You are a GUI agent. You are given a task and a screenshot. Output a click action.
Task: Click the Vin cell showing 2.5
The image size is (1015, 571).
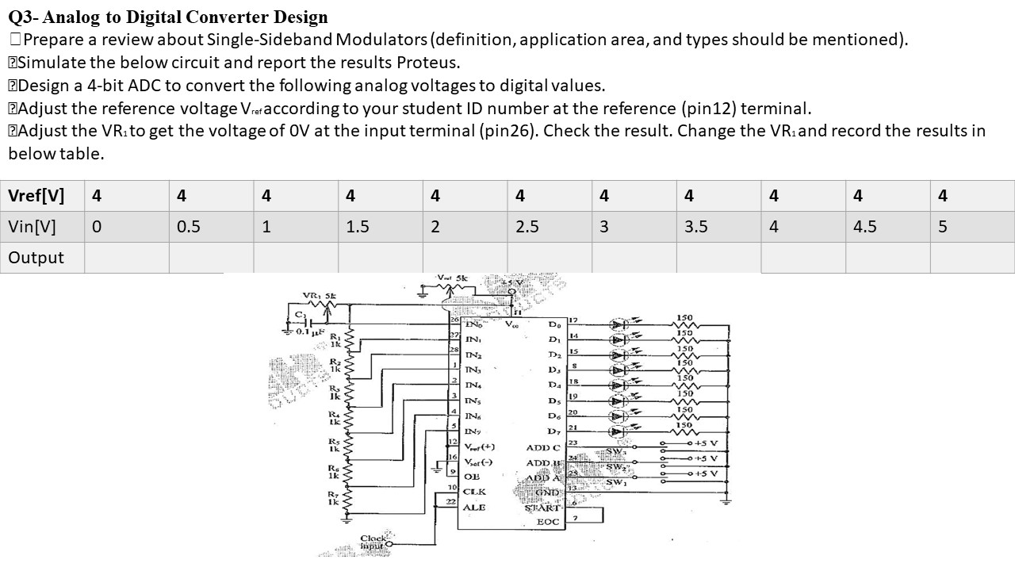(x=527, y=227)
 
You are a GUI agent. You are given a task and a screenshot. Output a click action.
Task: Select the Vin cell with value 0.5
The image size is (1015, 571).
(x=188, y=227)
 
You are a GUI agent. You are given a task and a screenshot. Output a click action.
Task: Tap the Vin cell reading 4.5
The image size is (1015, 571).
(x=865, y=227)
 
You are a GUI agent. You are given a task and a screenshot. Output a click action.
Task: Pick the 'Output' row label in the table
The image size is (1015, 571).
(x=36, y=258)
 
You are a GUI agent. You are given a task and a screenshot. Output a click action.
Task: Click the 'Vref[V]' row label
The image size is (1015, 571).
(x=36, y=195)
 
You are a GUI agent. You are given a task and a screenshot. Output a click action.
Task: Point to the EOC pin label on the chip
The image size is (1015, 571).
(x=548, y=522)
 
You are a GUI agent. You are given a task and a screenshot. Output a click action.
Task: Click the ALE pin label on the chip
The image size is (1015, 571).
(x=474, y=508)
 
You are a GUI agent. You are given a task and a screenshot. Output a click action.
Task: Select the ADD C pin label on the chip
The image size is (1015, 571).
(x=542, y=448)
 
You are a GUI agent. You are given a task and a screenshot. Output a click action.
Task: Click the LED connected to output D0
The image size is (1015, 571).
(x=620, y=324)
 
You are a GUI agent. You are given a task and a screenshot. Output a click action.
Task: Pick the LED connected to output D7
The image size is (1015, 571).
(x=620, y=432)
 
